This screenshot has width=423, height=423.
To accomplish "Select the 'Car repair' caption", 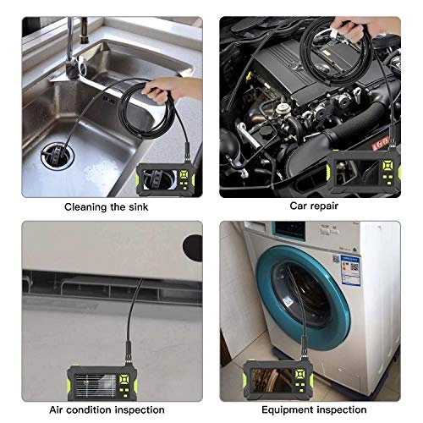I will click(313, 206).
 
